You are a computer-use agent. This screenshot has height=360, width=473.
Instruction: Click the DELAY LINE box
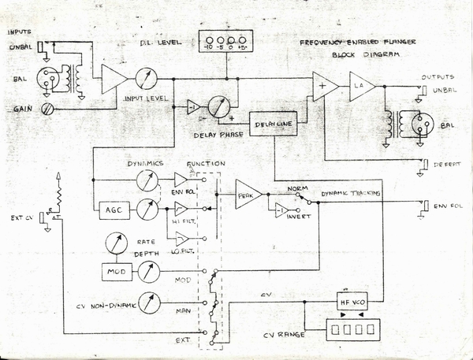272,125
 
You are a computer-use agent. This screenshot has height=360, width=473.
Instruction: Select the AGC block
108,211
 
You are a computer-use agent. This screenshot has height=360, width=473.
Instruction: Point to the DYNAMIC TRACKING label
351,193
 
